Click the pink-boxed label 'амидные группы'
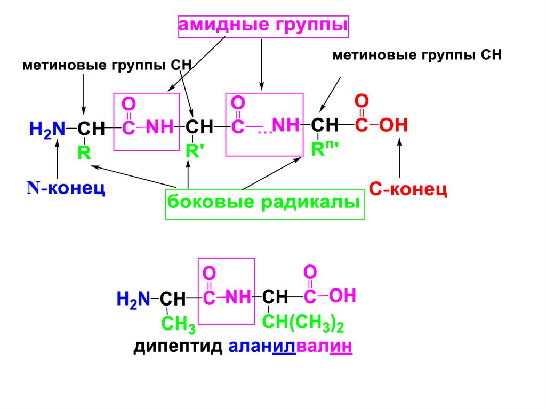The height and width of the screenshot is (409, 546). pos(262,26)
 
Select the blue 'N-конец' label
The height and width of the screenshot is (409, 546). pos(66,188)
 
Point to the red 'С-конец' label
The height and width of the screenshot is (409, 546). pos(408,189)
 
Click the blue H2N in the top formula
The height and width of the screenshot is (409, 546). pos(47,129)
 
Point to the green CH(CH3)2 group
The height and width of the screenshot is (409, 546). pos(303,322)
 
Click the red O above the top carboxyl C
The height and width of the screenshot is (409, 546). pos(362,101)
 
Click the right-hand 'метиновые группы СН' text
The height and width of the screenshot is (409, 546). pos(417,55)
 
